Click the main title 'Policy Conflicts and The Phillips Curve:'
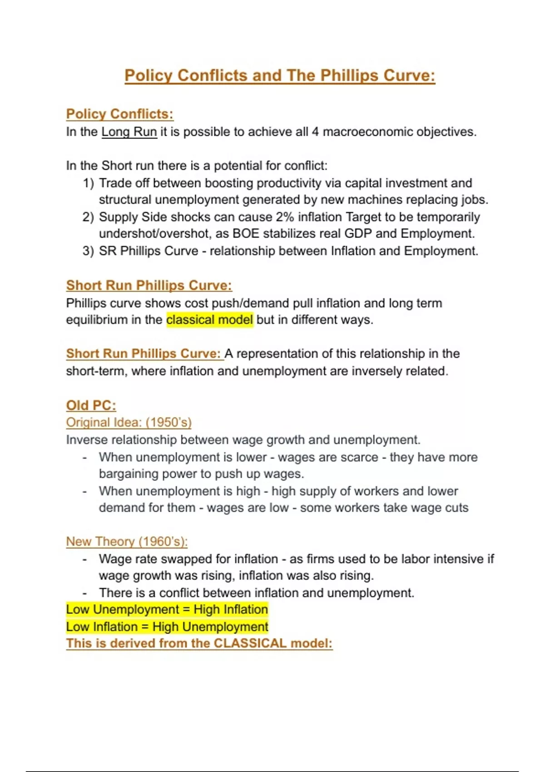click(280, 75)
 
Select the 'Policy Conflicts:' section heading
click(119, 114)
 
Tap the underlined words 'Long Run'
click(129, 132)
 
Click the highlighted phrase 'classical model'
click(209, 320)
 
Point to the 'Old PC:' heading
click(91, 405)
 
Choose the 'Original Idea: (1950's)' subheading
click(129, 422)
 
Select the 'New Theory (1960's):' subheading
click(127, 541)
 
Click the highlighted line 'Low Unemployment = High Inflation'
click(167, 609)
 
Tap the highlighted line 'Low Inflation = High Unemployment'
click(167, 627)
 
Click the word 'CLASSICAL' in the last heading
click(250, 643)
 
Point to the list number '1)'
click(88, 183)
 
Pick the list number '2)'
click(88, 217)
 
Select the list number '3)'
click(88, 251)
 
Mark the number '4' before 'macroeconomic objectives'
click(315, 132)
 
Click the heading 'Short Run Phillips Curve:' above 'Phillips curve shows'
click(149, 285)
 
